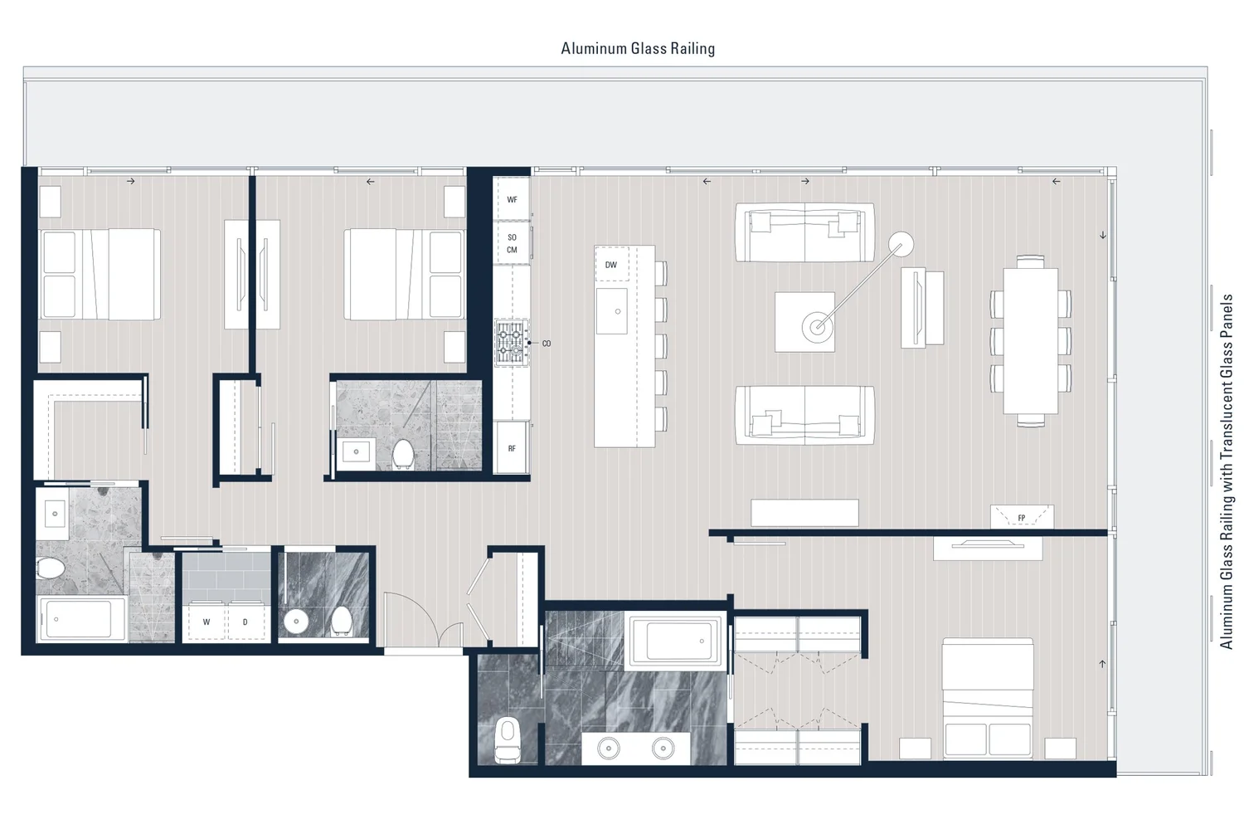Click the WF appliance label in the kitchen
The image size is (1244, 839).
[x=512, y=200]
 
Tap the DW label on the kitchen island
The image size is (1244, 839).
[x=611, y=266]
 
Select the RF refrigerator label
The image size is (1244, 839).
[x=512, y=449]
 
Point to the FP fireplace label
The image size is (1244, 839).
[x=1022, y=518]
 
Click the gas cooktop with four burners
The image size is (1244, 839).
[x=512, y=343]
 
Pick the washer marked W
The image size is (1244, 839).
[x=207, y=622]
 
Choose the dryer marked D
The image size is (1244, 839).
[x=245, y=622]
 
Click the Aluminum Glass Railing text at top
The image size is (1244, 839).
[x=638, y=48]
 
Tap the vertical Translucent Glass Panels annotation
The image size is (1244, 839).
[x=1227, y=471]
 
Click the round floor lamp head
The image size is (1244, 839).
[x=901, y=243]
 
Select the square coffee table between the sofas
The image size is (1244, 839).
[x=804, y=321]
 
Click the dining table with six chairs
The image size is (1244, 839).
[x=1030, y=340]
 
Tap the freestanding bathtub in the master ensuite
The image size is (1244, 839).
[x=675, y=641]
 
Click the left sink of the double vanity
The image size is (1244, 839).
[x=609, y=748]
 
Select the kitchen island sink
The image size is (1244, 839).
[x=612, y=311]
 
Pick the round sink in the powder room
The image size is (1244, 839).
[x=296, y=621]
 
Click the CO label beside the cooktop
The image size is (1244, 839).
[x=547, y=344]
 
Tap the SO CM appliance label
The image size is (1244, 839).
[x=512, y=243]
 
